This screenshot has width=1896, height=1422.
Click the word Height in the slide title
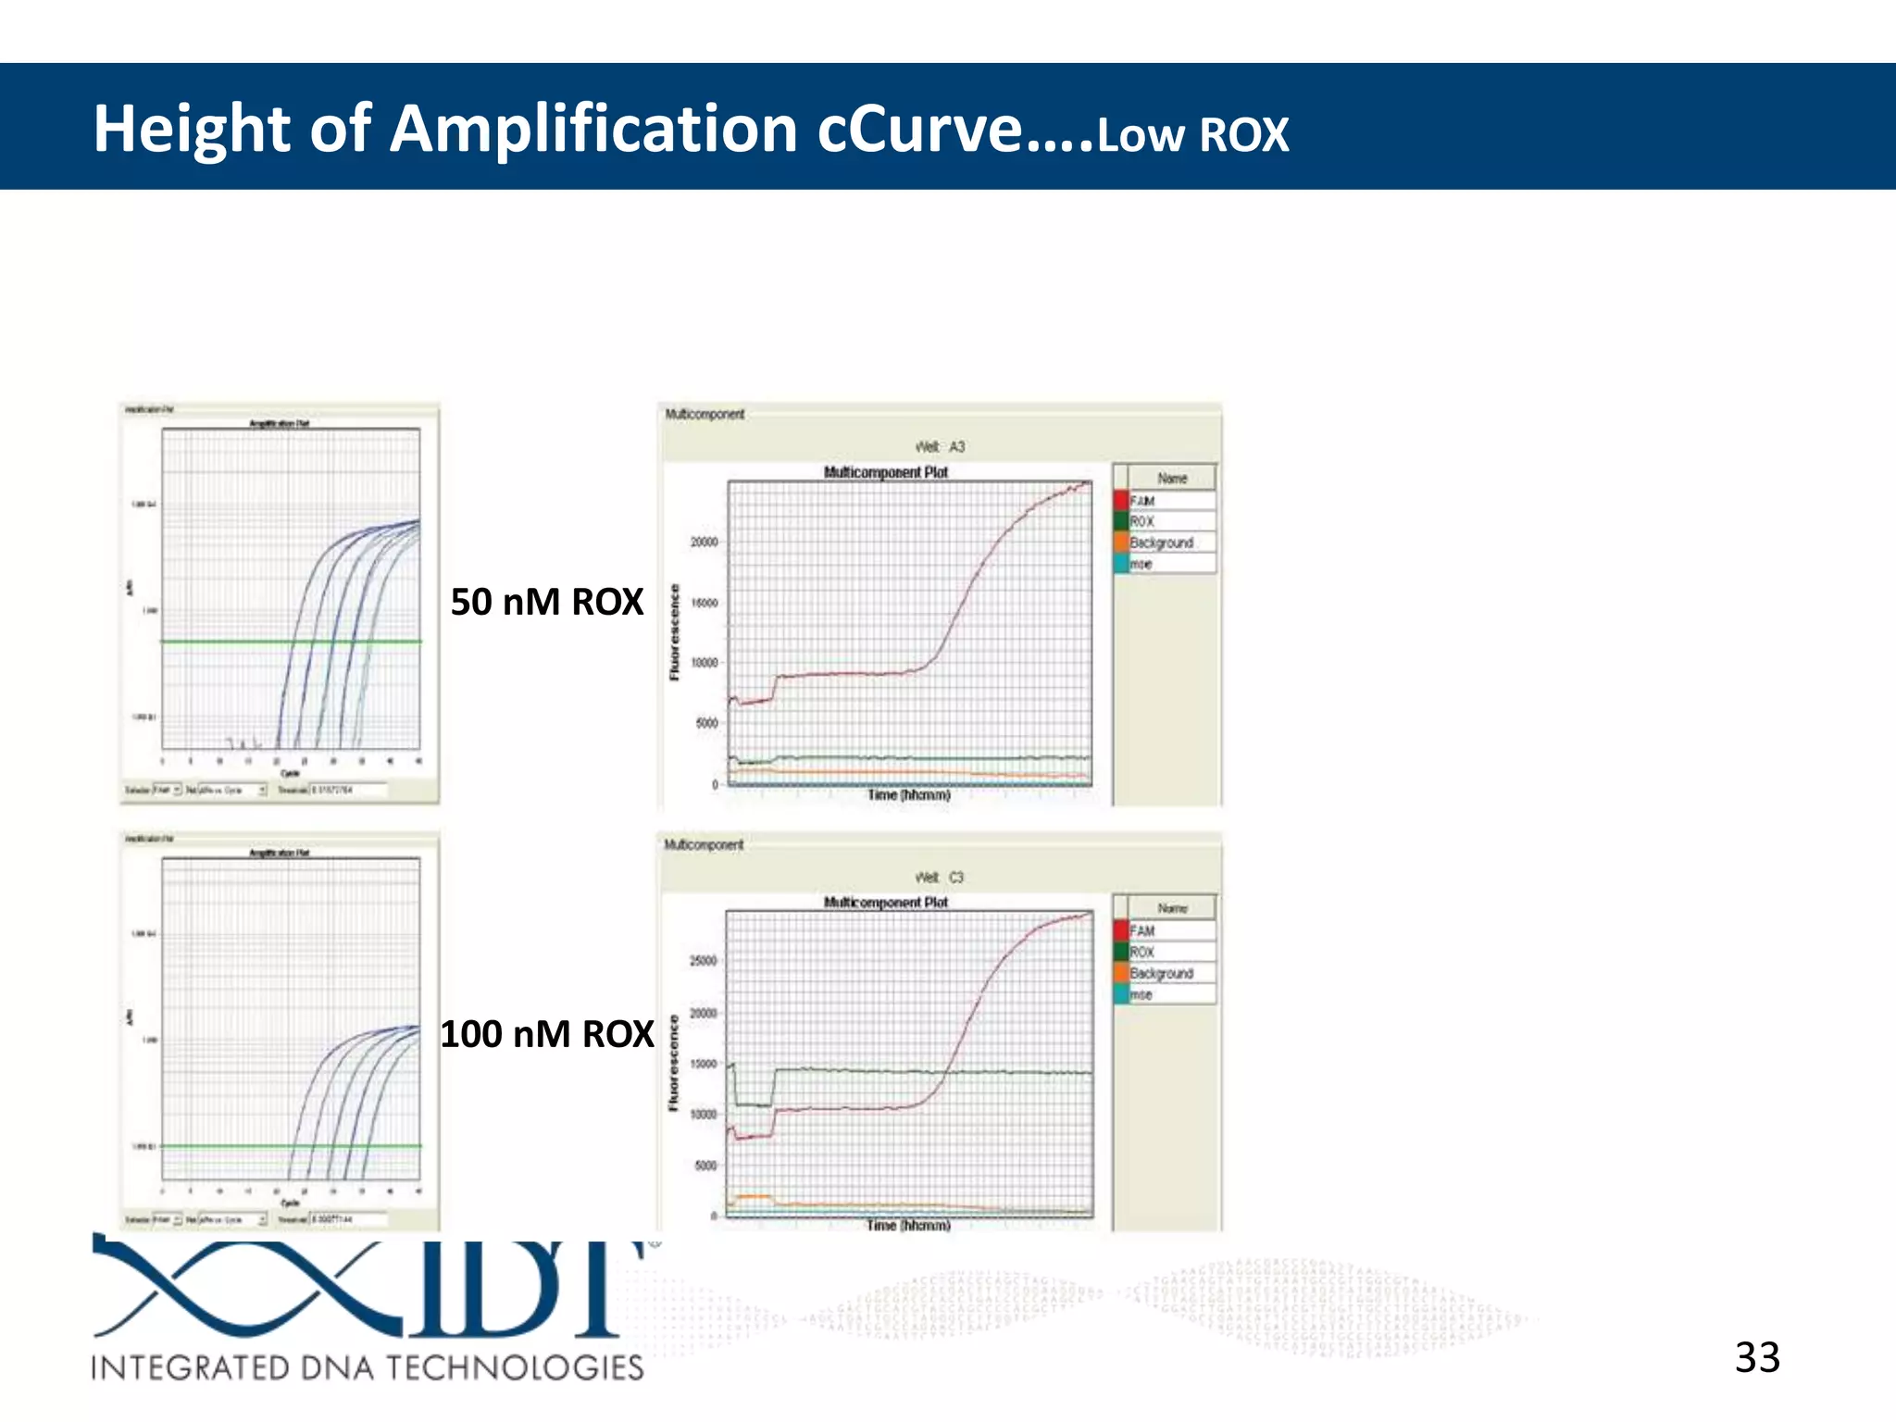[x=191, y=130]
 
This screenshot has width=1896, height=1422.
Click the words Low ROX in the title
[x=1192, y=135]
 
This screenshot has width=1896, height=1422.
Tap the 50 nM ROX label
[x=546, y=603]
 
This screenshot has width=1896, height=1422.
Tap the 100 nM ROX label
[x=546, y=1034]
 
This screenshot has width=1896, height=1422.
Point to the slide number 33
[x=1756, y=1358]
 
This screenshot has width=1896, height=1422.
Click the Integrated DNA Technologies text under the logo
[x=367, y=1367]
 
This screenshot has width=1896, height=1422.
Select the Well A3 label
[x=940, y=447]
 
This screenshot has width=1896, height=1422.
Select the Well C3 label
[x=940, y=878]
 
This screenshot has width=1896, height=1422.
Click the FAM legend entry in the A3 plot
[x=1142, y=501]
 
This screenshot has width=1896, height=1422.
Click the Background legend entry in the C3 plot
[x=1161, y=974]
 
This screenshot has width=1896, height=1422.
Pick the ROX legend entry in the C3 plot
[x=1141, y=953]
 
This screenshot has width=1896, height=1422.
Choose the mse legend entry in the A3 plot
[x=1141, y=564]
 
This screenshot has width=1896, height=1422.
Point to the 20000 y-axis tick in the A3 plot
[x=704, y=543]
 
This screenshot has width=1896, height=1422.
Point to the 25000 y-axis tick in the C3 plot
[x=704, y=961]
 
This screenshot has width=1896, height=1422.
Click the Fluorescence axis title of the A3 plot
[x=674, y=632]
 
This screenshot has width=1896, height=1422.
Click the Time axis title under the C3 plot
[x=908, y=1226]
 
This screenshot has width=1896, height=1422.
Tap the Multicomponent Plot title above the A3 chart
[x=886, y=472]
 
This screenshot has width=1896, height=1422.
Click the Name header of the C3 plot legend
[x=1172, y=909]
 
